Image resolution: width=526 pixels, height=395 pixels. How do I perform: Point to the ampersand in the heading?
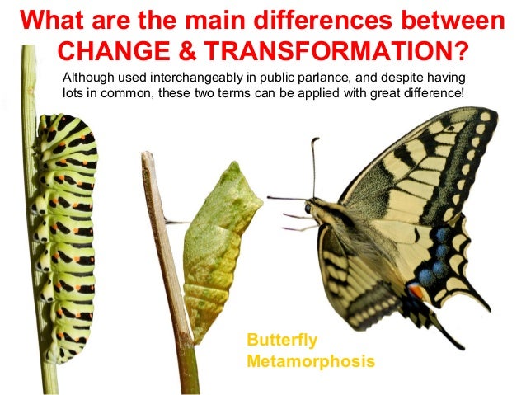(x=186, y=49)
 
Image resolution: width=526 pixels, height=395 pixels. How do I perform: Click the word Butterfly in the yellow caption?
(x=282, y=341)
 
